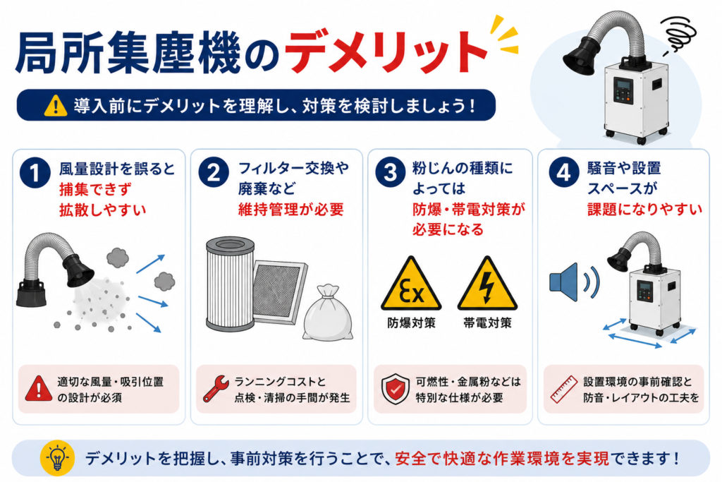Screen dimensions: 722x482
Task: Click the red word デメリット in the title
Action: pos(386,52)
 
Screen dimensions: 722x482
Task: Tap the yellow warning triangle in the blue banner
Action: pos(56,106)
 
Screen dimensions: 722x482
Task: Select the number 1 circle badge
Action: pos(35,173)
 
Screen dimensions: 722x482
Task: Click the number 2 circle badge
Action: pos(214,173)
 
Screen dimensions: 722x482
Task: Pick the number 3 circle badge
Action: pos(390,173)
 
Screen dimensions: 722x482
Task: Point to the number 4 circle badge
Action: pos(564,173)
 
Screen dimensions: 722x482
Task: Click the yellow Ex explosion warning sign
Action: pos(411,284)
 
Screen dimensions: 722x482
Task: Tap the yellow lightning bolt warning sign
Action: pos(487,284)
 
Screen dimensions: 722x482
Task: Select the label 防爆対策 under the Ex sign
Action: pos(411,323)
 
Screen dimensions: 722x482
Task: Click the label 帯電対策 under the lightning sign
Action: pos(487,323)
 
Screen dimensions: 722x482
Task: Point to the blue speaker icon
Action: pos(566,282)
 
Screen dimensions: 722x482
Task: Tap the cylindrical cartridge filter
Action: pos(230,284)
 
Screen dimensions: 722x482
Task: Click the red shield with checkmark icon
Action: pos(395,389)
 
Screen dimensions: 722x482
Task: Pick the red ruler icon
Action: pos(564,390)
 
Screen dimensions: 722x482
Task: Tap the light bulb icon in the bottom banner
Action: pos(57,458)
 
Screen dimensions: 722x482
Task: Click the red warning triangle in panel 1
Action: pos(39,388)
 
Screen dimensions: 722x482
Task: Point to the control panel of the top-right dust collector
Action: pos(623,90)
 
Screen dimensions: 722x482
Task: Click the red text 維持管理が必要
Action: pos(291,210)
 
